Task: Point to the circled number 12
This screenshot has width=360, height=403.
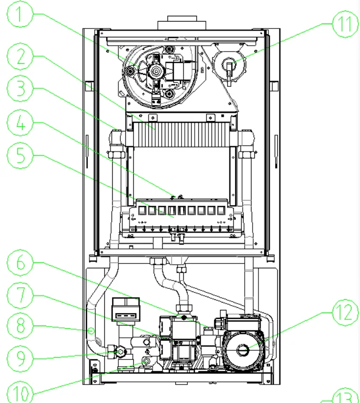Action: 344,315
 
